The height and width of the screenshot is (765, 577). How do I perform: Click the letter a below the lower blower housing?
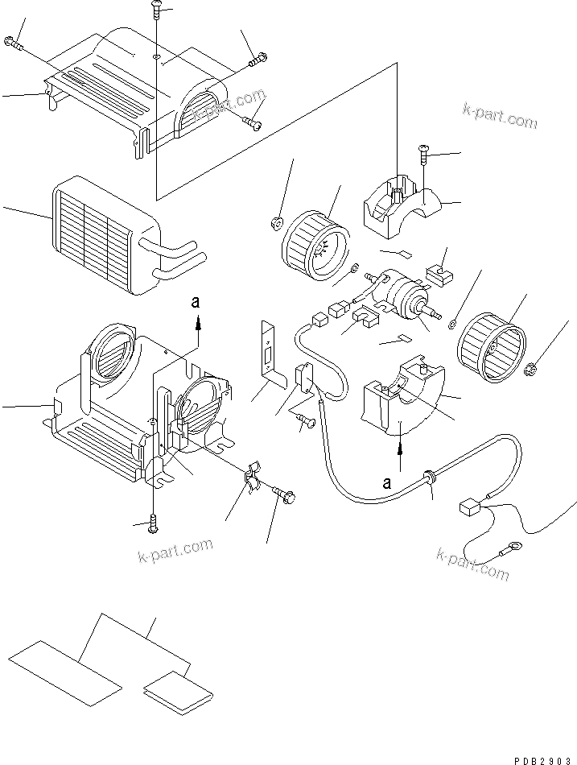(388, 483)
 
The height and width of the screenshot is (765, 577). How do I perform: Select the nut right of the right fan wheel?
(530, 370)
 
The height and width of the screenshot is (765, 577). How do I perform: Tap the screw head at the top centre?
(155, 7)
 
